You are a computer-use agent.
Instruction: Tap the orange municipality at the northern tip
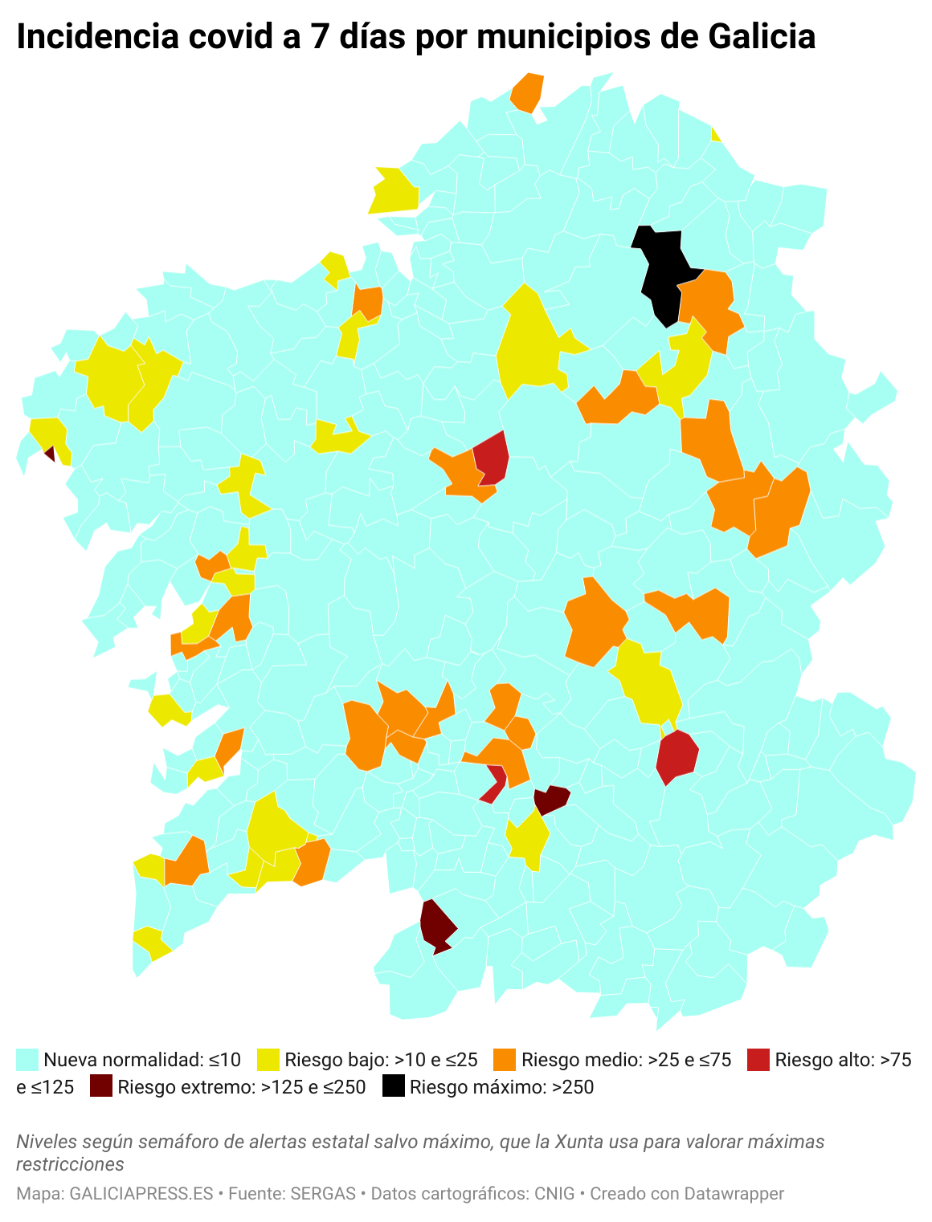click(528, 92)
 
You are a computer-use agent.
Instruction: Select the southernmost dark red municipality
click(436, 926)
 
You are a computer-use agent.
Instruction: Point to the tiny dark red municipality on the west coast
click(50, 454)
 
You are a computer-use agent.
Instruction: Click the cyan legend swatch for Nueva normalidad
click(27, 1060)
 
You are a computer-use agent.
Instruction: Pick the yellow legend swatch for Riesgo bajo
click(268, 1060)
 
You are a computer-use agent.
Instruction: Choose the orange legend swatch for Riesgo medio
click(505, 1060)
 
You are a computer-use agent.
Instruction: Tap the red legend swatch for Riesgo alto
click(758, 1060)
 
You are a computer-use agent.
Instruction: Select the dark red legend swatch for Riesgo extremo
click(100, 1087)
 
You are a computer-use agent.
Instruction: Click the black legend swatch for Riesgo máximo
click(393, 1087)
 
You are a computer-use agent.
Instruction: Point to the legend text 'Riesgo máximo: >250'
click(501, 1087)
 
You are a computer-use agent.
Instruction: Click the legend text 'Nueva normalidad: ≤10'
click(142, 1060)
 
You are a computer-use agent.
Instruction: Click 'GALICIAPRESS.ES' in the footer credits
click(141, 1194)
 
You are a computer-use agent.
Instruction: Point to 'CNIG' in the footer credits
click(554, 1194)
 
